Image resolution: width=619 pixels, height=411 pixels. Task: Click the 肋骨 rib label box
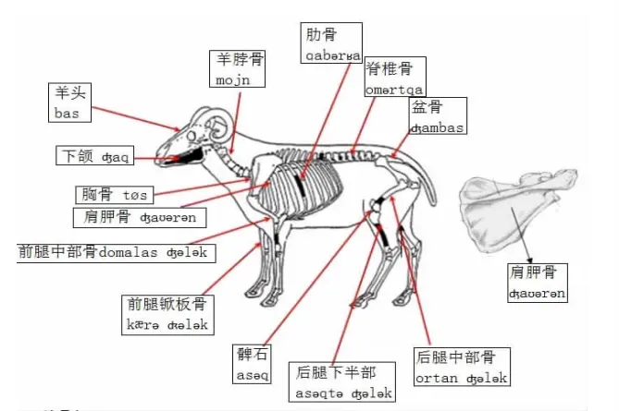point(330,44)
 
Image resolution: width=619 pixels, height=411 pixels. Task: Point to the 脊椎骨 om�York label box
point(394,79)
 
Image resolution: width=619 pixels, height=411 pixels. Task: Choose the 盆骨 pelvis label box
point(437,117)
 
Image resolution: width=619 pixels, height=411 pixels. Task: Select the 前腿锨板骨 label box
point(169,314)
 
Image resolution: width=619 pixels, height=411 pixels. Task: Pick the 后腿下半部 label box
point(343,383)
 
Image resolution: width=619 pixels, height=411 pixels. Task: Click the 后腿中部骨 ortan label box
point(461,367)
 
